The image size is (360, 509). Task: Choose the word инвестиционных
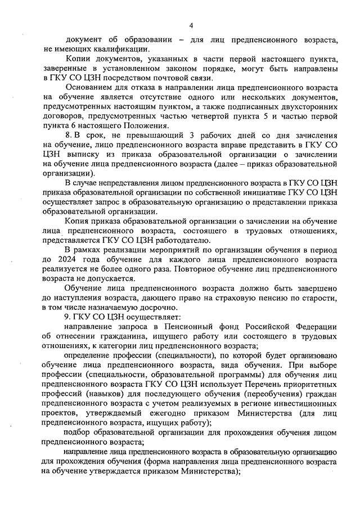coord(304,403)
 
